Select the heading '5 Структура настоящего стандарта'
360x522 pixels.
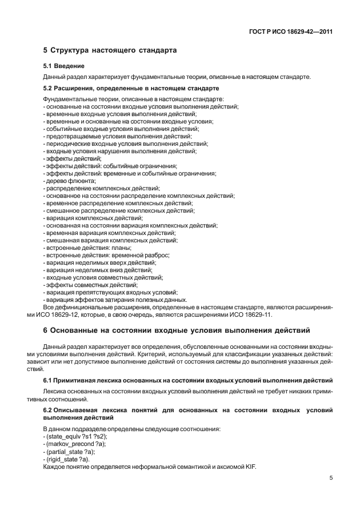pos(110,50)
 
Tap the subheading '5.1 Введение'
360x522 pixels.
pos(64,66)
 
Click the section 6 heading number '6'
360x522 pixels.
pos(45,330)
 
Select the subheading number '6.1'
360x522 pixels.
pos(49,381)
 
